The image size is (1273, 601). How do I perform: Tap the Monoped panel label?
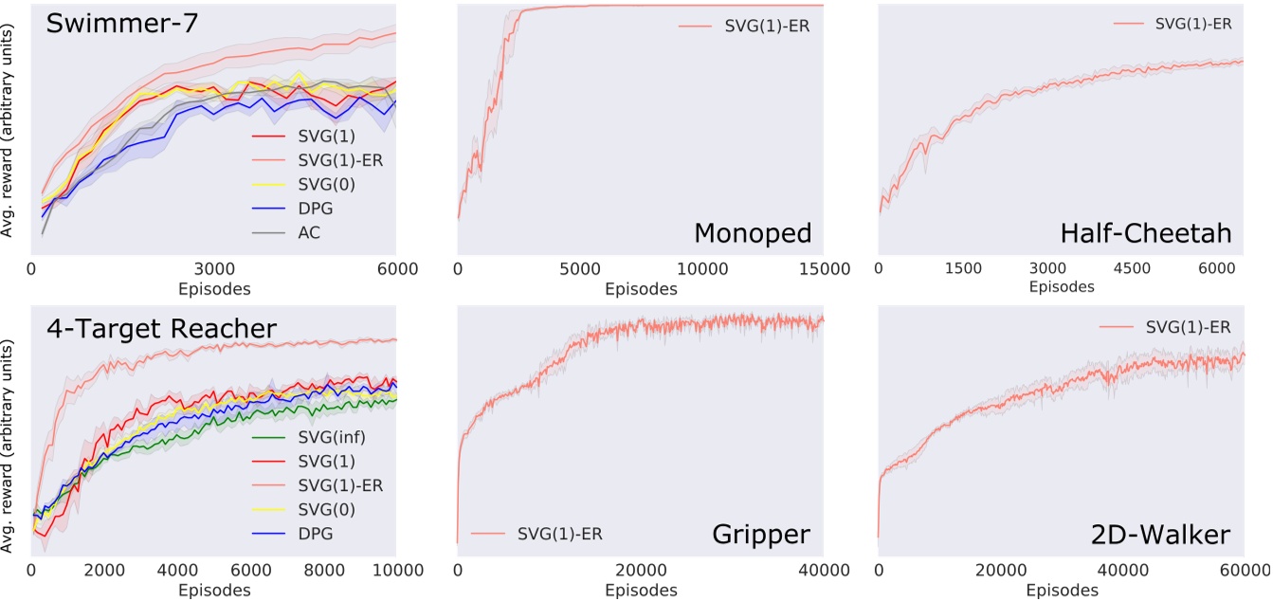pyautogui.click(x=752, y=232)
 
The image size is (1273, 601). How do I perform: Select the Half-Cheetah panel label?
pyautogui.click(x=1156, y=232)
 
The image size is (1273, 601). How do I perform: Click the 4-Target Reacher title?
pyautogui.click(x=160, y=329)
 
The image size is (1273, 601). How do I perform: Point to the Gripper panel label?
pyautogui.click(x=760, y=535)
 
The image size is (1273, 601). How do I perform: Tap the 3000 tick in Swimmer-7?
pyautogui.click(x=214, y=270)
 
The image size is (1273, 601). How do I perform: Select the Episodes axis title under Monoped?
pyautogui.click(x=640, y=288)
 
